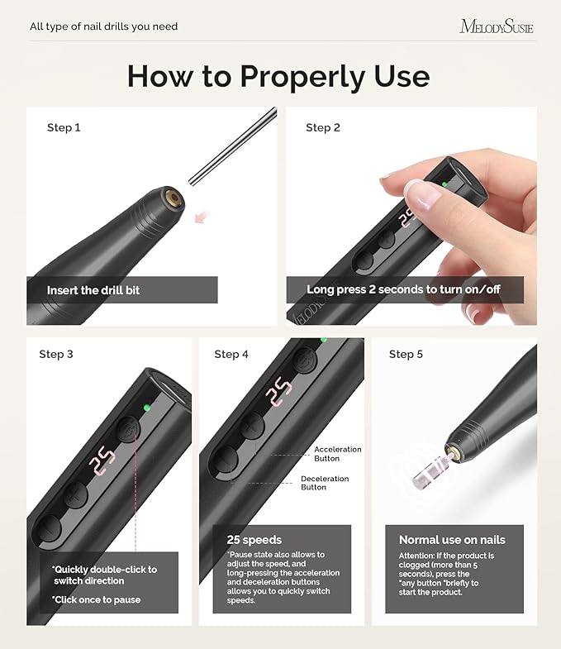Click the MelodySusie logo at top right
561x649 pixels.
coord(497,26)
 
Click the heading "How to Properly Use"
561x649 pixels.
coord(278,76)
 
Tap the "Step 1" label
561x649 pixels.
coord(64,127)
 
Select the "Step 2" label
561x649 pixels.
coord(323,127)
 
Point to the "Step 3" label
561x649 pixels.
coord(56,354)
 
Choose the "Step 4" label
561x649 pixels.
coord(231,354)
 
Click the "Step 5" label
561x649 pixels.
coord(406,354)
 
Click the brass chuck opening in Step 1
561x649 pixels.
coord(174,199)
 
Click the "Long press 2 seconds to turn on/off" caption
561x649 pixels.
coord(403,290)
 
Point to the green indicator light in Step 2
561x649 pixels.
coord(445,184)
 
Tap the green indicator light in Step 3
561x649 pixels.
coord(146,407)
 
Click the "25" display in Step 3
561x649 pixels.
coord(103,457)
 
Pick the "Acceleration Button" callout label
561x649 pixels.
coord(338,454)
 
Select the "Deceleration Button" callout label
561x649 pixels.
coord(325,483)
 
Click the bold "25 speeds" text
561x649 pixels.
coord(254,540)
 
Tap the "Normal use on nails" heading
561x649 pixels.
coord(452,540)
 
